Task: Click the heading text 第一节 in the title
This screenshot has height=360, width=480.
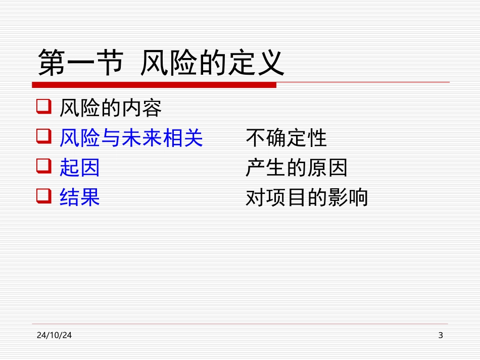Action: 80,63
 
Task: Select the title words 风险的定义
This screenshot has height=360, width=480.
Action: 212,63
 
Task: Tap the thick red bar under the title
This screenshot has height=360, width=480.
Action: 154,85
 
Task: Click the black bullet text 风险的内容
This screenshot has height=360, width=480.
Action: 110,108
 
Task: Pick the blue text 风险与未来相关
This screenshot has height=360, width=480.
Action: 131,137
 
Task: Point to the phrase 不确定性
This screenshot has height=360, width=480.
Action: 286,137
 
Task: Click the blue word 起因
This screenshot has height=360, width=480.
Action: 80,168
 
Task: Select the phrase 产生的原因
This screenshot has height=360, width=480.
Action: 297,168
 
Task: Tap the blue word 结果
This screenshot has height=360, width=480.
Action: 80,197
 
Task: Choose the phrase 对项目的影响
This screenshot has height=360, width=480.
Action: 307,197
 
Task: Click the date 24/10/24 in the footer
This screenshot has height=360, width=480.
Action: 54,335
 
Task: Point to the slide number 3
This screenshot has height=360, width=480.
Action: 440,335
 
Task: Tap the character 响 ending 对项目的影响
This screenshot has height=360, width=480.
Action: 358,197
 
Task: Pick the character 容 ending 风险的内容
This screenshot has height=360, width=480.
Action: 152,108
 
